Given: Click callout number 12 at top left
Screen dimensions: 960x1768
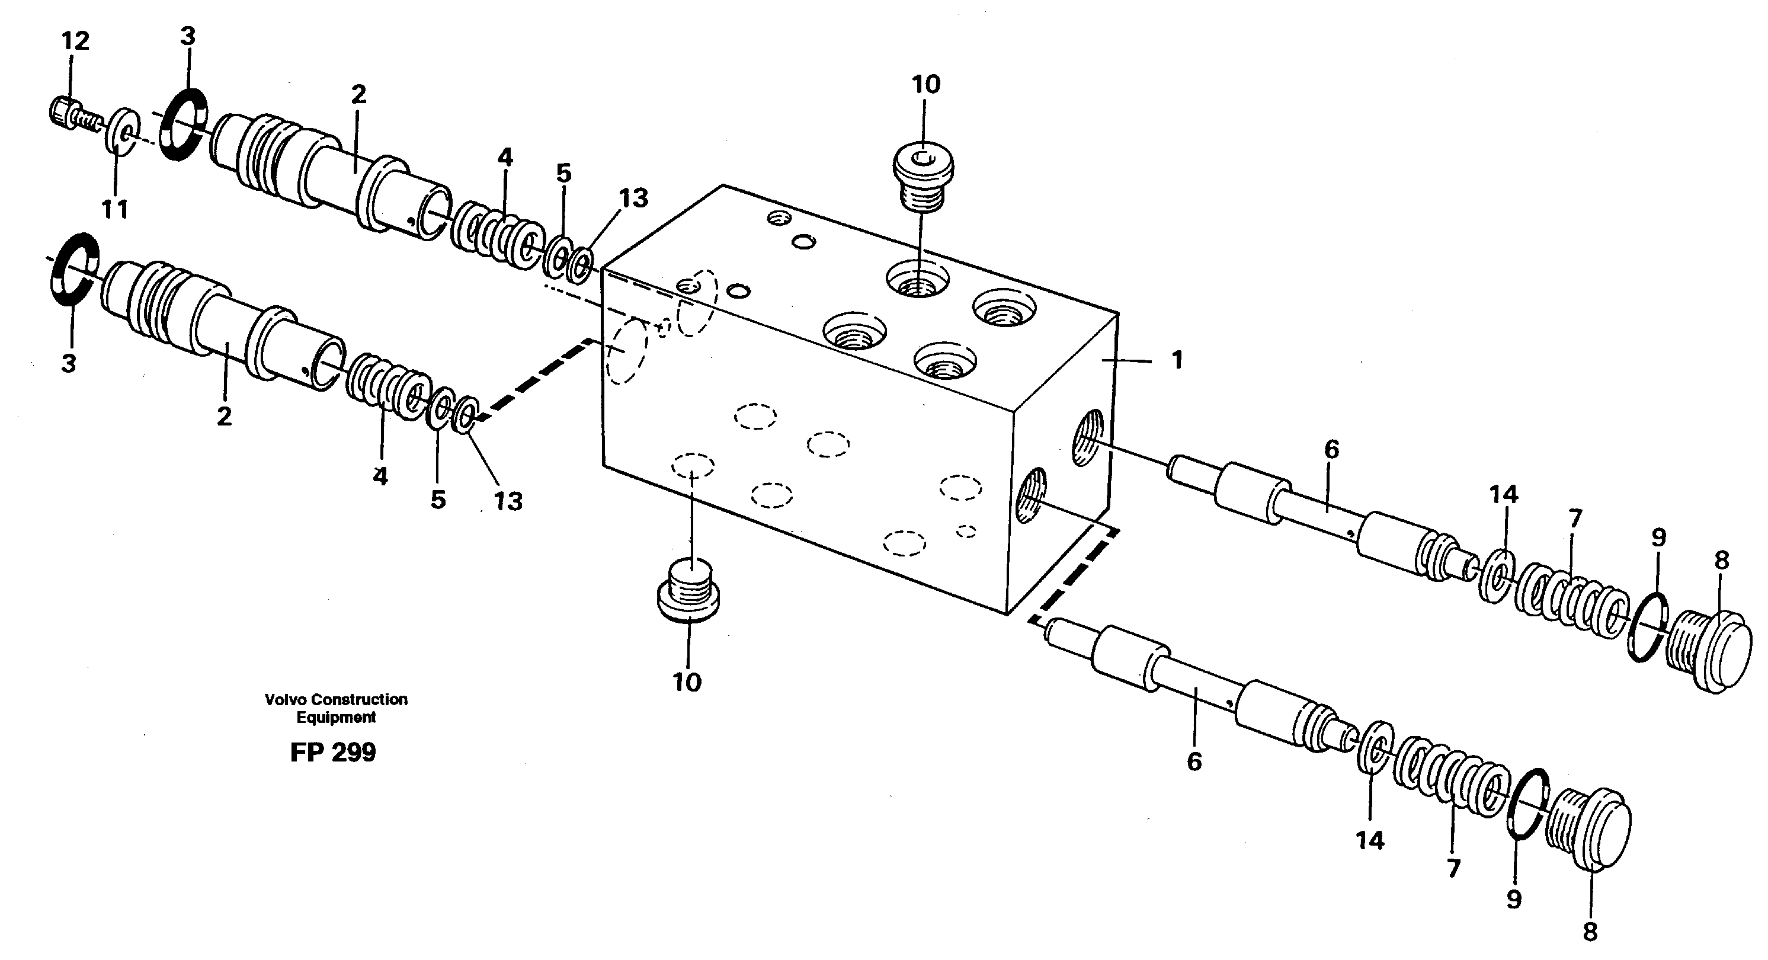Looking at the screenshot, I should click(x=75, y=41).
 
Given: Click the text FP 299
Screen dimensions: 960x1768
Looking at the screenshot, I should click(x=333, y=753).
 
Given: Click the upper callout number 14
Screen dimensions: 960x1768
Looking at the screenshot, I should click(x=1503, y=494).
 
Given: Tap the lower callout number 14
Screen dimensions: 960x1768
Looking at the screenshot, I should click(x=1370, y=840).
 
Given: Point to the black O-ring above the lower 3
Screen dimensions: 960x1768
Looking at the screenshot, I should click(x=74, y=269).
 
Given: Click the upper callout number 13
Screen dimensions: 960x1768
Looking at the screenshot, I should click(x=633, y=199).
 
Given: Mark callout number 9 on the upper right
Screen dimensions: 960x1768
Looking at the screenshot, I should click(x=1658, y=537).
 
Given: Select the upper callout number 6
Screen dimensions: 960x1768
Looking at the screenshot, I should click(x=1331, y=450).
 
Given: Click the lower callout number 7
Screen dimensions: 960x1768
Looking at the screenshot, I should click(x=1453, y=869).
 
